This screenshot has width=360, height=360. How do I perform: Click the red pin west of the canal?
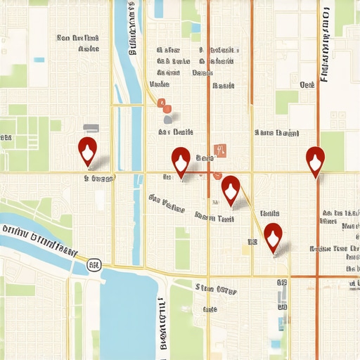click(x=87, y=151)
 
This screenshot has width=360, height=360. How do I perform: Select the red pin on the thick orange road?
click(x=316, y=160)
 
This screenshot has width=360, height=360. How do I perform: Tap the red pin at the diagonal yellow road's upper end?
click(x=231, y=188)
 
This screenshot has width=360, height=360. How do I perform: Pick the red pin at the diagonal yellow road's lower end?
click(x=273, y=236)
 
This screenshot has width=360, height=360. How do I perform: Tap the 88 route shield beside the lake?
click(x=94, y=264)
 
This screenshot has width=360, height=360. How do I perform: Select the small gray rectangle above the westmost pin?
click(x=90, y=128)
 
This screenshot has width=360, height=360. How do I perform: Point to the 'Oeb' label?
click(x=307, y=84)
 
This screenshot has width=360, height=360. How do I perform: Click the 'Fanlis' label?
click(x=269, y=213)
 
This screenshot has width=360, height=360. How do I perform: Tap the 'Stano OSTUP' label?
click(x=216, y=288)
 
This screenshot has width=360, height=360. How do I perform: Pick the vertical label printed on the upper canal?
click(x=131, y=32)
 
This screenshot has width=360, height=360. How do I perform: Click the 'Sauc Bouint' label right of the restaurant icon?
click(x=277, y=132)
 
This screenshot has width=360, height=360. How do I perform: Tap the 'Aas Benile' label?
click(x=176, y=131)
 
